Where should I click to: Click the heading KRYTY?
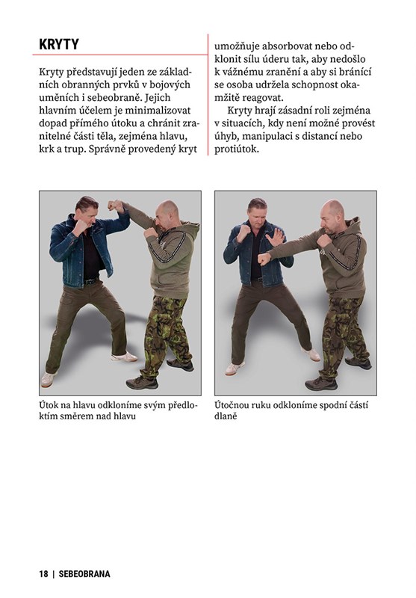[x=59, y=44]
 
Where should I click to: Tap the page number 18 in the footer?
[x=43, y=573]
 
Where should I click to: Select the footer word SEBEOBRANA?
[x=84, y=573]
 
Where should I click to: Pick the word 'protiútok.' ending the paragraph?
[x=237, y=149]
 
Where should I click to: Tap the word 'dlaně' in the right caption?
[x=226, y=416]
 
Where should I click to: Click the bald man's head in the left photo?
[x=167, y=214]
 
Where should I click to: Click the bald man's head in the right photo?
[x=332, y=217]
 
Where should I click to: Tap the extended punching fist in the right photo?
[x=264, y=259]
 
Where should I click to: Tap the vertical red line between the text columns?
[x=208, y=95]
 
